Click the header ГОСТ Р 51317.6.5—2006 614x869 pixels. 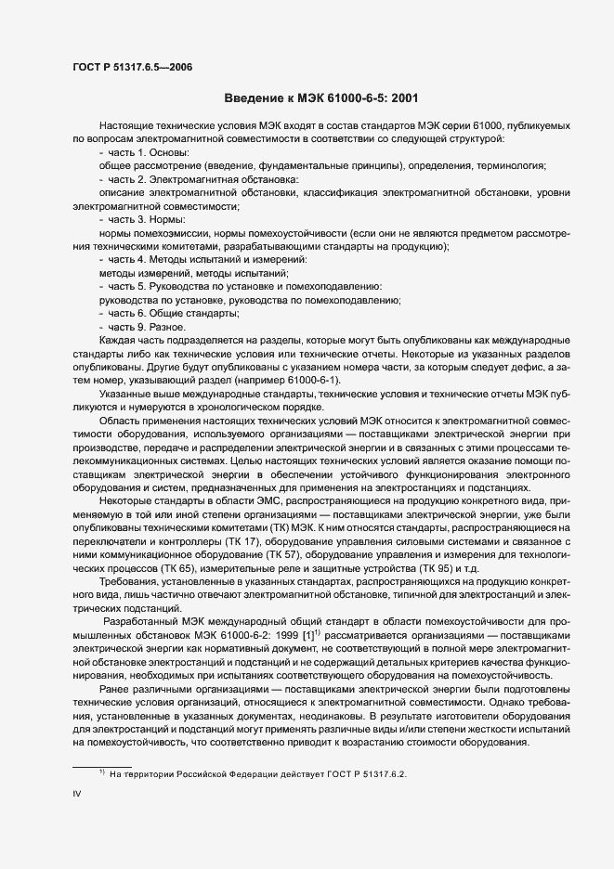click(x=132, y=67)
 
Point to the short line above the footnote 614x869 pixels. click(x=102, y=763)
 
